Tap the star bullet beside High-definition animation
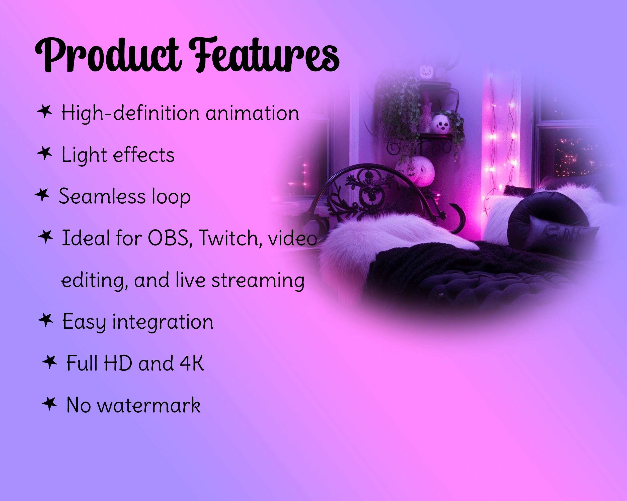click(x=45, y=111)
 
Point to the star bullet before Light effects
click(x=45, y=153)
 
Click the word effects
click(x=144, y=155)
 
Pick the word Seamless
click(x=102, y=197)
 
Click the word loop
click(x=171, y=197)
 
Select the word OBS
click(x=169, y=238)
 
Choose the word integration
click(x=163, y=322)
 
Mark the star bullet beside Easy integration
click(x=46, y=320)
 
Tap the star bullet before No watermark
click(x=49, y=404)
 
